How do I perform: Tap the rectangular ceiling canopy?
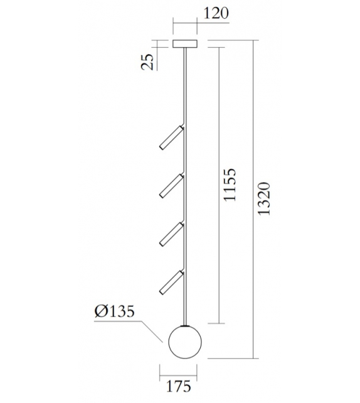coord(184,44)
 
